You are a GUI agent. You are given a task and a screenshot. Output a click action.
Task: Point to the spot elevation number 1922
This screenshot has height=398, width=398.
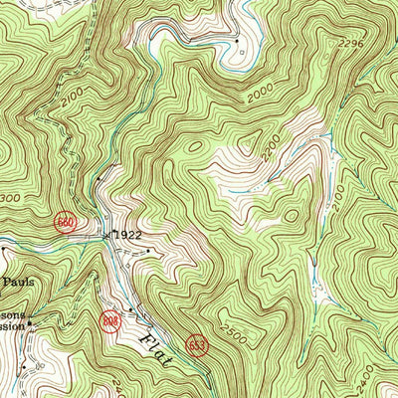tap(127, 235)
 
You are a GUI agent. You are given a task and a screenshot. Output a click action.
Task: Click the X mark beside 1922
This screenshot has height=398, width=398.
tap(107, 236)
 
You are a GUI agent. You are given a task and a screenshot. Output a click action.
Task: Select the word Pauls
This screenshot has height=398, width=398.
tap(18, 283)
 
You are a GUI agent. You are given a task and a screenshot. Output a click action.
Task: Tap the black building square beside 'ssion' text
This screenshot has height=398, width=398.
tap(31, 323)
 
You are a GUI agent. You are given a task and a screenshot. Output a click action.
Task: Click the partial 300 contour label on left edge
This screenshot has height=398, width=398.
tap(12, 199)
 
